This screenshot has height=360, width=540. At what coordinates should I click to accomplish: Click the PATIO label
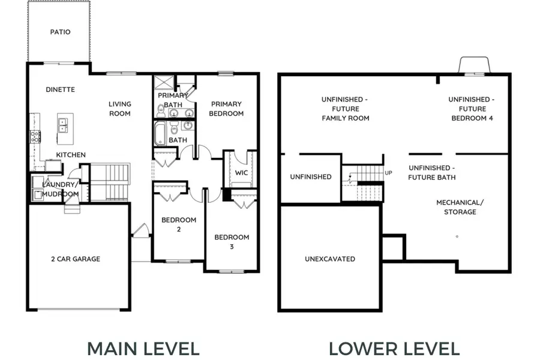coord(60,32)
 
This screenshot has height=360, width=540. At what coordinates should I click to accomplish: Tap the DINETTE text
coord(60,89)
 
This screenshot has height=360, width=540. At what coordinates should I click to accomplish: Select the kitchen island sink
coord(62,125)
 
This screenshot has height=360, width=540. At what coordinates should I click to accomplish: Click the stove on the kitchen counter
coord(35,136)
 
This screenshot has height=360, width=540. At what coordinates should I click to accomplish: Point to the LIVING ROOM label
coord(120,109)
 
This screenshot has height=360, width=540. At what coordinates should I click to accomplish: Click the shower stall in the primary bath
coord(164,83)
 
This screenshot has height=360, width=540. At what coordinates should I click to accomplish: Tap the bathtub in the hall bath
coord(160,133)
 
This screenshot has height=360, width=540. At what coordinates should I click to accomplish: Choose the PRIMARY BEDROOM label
coord(226,109)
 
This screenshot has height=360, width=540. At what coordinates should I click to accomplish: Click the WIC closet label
coord(241,173)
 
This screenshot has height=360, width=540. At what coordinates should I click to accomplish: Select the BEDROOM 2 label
coord(179,224)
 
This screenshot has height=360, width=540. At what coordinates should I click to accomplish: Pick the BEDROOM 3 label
coord(232,241)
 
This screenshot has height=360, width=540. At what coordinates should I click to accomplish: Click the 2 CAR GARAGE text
coord(76,259)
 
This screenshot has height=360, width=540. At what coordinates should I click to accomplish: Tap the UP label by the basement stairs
coord(388,173)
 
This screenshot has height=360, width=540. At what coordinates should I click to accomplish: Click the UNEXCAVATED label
coord(330,259)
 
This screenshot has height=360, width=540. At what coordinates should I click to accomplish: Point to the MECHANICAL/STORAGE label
coord(460,207)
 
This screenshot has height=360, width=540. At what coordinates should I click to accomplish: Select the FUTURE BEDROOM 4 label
coord(472,109)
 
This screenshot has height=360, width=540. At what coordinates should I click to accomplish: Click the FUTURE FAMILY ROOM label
coord(345,109)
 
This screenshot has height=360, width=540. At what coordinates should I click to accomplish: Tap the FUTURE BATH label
coord(432,173)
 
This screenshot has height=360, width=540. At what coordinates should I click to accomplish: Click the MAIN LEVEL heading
coord(143,349)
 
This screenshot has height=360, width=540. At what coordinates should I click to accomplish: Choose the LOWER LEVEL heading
coord(394,349)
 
